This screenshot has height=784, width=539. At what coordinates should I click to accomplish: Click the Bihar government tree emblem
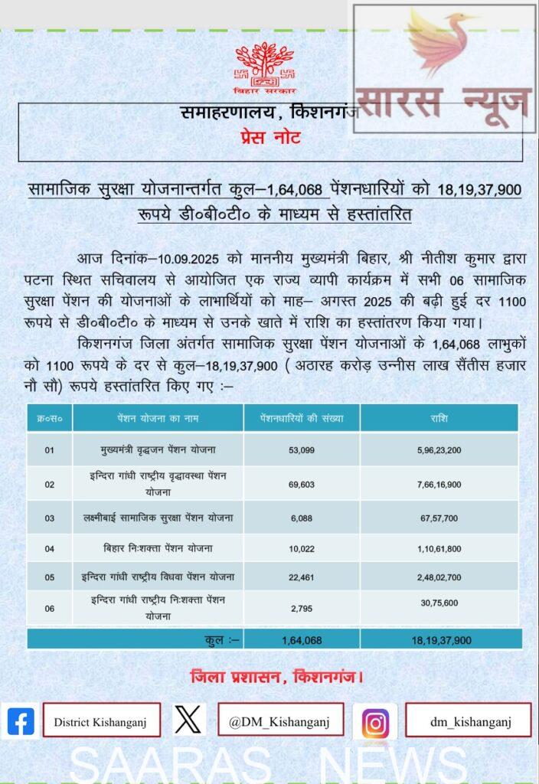[x=264, y=63]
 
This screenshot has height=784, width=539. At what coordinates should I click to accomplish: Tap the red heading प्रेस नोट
[x=266, y=138]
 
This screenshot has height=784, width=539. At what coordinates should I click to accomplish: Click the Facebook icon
[x=21, y=721]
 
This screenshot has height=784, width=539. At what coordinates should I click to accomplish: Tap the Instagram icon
[x=374, y=722]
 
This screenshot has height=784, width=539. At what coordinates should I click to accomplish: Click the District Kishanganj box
[x=101, y=721]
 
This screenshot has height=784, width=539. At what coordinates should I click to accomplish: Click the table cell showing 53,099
[x=301, y=450]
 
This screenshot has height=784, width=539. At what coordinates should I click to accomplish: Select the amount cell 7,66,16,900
[x=439, y=484]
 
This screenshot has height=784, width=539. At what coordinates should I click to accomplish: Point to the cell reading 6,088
[x=301, y=518]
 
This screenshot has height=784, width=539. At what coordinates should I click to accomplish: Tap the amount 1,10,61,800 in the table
[x=439, y=548]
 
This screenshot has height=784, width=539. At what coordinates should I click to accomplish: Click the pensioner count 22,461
[x=301, y=577]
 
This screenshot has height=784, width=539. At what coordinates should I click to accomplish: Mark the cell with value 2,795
[x=301, y=609]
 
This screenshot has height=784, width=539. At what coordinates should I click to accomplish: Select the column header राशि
[x=439, y=419]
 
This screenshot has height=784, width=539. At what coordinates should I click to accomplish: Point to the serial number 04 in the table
[x=49, y=548]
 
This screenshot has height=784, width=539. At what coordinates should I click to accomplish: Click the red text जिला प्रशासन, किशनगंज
[x=276, y=677]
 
